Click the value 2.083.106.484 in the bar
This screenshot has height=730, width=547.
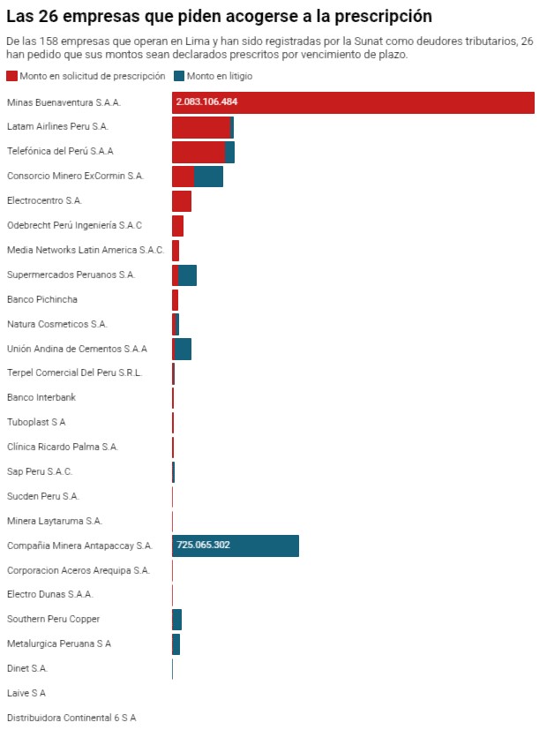click(x=207, y=102)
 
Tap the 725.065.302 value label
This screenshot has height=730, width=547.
click(x=204, y=546)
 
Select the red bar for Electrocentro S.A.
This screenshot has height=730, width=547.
click(x=182, y=201)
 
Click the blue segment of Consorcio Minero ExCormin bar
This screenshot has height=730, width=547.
click(x=209, y=177)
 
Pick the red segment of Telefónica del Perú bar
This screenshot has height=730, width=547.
click(x=199, y=152)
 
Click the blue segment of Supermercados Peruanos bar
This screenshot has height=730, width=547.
click(x=187, y=275)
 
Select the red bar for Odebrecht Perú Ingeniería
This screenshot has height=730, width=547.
click(x=177, y=226)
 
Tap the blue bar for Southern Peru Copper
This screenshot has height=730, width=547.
click(x=177, y=620)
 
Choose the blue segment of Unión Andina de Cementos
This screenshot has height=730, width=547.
click(x=184, y=349)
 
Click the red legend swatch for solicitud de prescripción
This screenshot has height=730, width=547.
click(x=11, y=77)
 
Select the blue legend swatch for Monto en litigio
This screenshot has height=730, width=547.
click(x=179, y=77)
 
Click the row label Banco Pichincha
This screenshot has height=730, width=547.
click(x=41, y=299)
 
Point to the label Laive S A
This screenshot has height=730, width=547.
click(x=26, y=693)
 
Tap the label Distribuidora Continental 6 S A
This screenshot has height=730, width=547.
click(x=71, y=718)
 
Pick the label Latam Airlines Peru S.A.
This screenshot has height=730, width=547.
click(x=57, y=127)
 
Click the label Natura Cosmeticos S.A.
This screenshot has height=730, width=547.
click(x=56, y=324)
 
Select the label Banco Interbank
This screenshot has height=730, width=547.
click(x=41, y=397)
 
